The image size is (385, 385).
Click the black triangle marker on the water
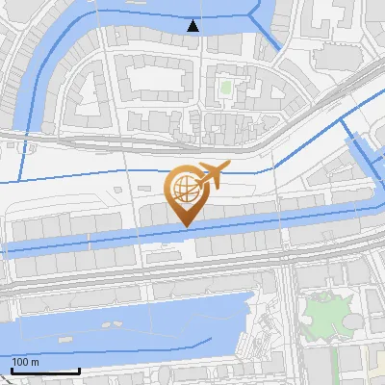point(193,26)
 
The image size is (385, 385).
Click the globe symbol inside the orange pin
point(183,188)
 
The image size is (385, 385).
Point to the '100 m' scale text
point(26,362)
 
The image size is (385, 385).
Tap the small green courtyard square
point(226,89)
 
